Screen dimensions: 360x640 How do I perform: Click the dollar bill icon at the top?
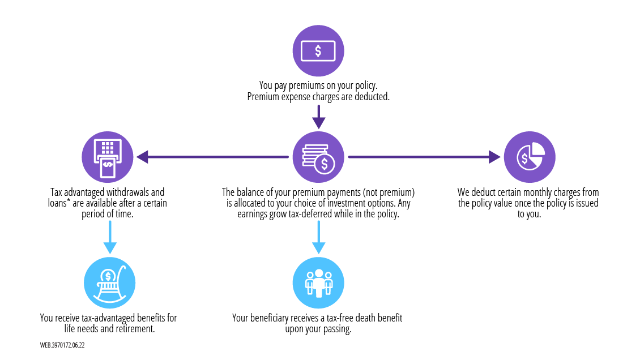point(318,51)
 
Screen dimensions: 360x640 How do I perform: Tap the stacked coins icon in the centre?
point(319,157)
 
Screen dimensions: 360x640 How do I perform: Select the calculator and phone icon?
point(108,157)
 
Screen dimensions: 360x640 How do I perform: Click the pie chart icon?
point(530,157)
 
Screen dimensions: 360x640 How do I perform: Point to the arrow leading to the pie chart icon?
point(425,157)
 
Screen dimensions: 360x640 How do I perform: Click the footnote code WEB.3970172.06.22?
point(62,345)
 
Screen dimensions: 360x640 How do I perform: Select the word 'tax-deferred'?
point(321,214)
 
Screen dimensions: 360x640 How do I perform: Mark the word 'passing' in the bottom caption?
point(338,329)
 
